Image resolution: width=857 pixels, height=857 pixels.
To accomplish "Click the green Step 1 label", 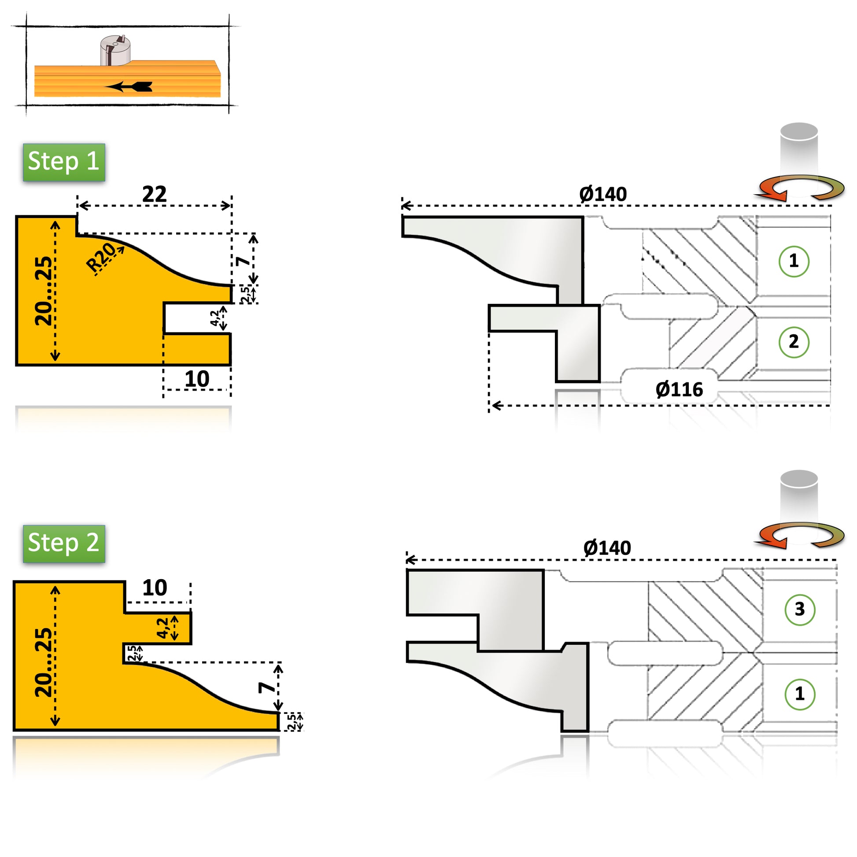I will coord(64,162).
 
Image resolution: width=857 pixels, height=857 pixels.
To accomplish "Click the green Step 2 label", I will coord(64,543).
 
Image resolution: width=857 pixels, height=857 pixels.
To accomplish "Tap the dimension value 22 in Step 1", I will coord(155,194).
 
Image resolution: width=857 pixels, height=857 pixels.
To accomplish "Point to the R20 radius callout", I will coord(101,258).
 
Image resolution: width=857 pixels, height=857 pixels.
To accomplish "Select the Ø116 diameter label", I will coord(679,390).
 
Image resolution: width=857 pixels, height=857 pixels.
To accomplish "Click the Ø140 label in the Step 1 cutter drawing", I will coord(603,194).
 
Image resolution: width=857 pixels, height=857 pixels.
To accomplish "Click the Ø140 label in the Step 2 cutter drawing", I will coord(607,548).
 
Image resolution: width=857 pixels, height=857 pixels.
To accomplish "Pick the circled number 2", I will coord(794,342).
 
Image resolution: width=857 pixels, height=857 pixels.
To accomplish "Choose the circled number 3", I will coord(799,610).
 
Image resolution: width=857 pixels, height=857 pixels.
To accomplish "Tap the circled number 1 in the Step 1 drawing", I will coord(794,261).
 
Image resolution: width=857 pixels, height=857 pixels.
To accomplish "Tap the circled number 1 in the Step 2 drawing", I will coord(799,694).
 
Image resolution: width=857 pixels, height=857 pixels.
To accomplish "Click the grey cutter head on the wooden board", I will coord(115,50).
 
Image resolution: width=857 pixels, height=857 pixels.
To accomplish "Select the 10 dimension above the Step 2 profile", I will coord(155,588).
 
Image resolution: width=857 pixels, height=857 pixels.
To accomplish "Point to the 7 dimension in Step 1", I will coord(243,261).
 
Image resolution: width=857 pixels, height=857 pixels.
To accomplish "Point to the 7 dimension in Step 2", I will coord(266,688).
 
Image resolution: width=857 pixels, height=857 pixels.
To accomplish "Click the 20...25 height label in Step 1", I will coord(44,291).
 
